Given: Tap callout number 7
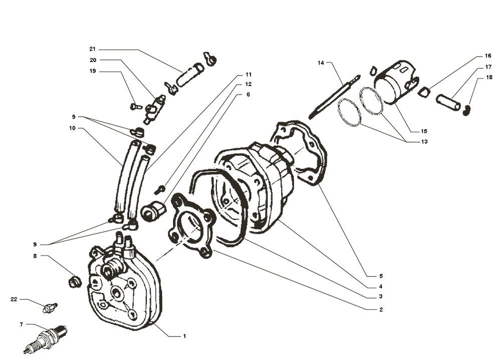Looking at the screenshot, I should pyautogui.click(x=21, y=325).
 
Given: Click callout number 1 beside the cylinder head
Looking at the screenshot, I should pyautogui.click(x=184, y=336).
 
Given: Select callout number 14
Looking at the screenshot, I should pyautogui.click(x=321, y=63).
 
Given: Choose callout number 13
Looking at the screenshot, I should pyautogui.click(x=424, y=142).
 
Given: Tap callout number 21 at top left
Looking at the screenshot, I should pyautogui.click(x=92, y=49).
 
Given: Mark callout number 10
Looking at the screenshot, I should pyautogui.click(x=73, y=128).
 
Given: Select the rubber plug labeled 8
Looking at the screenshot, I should pyautogui.click(x=75, y=281).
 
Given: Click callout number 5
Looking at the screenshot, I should pyautogui.click(x=381, y=275).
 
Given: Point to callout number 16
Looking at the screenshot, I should pyautogui.click(x=487, y=56).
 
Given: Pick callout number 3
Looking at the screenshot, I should pyautogui.click(x=381, y=296).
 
